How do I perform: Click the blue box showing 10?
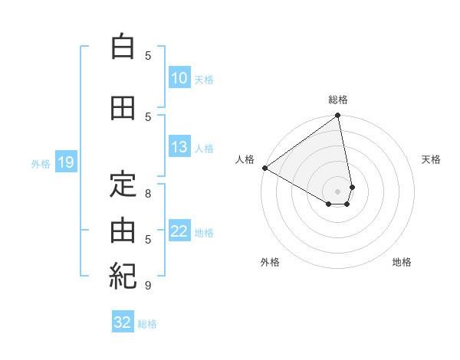pyautogui.click(x=179, y=78)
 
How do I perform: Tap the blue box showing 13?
pyautogui.click(x=179, y=147)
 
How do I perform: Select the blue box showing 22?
pyautogui.click(x=179, y=231)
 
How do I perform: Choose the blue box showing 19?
pyautogui.click(x=65, y=162)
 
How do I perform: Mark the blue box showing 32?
pyautogui.click(x=123, y=322)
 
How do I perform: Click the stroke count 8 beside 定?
pyautogui.click(x=148, y=194)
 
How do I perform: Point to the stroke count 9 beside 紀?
pyautogui.click(x=148, y=286)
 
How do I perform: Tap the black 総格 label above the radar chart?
pyautogui.click(x=338, y=100)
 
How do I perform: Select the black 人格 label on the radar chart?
pyautogui.click(x=245, y=159)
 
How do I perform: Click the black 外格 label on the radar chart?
pyautogui.click(x=270, y=262)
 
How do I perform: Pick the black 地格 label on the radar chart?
pyautogui.click(x=402, y=262)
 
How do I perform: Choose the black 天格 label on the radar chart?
pyautogui.click(x=432, y=159)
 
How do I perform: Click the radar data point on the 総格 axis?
pyautogui.click(x=338, y=116)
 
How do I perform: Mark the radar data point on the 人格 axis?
pyautogui.click(x=264, y=167)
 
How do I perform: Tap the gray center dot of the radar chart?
pyautogui.click(x=338, y=190)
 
